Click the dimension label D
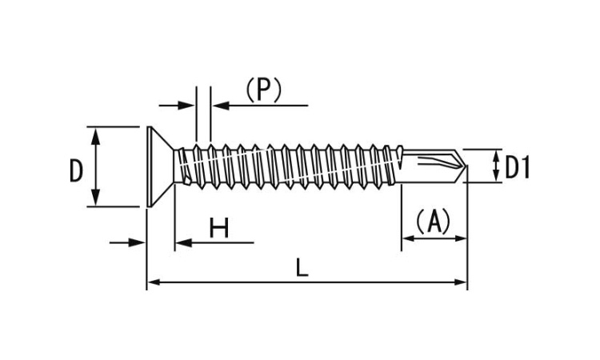pyautogui.click(x=76, y=170)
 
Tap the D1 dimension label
pyautogui.click(x=518, y=168)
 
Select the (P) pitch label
pyautogui.click(x=263, y=90)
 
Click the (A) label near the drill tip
pyautogui.click(x=434, y=220)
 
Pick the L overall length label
pyautogui.click(x=301, y=268)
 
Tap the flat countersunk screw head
pyautogui.click(x=161, y=166)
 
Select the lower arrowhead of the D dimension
pyautogui.click(x=96, y=199)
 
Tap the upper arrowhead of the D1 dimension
pyautogui.click(x=494, y=155)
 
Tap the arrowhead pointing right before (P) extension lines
pyautogui.click(x=189, y=105)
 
